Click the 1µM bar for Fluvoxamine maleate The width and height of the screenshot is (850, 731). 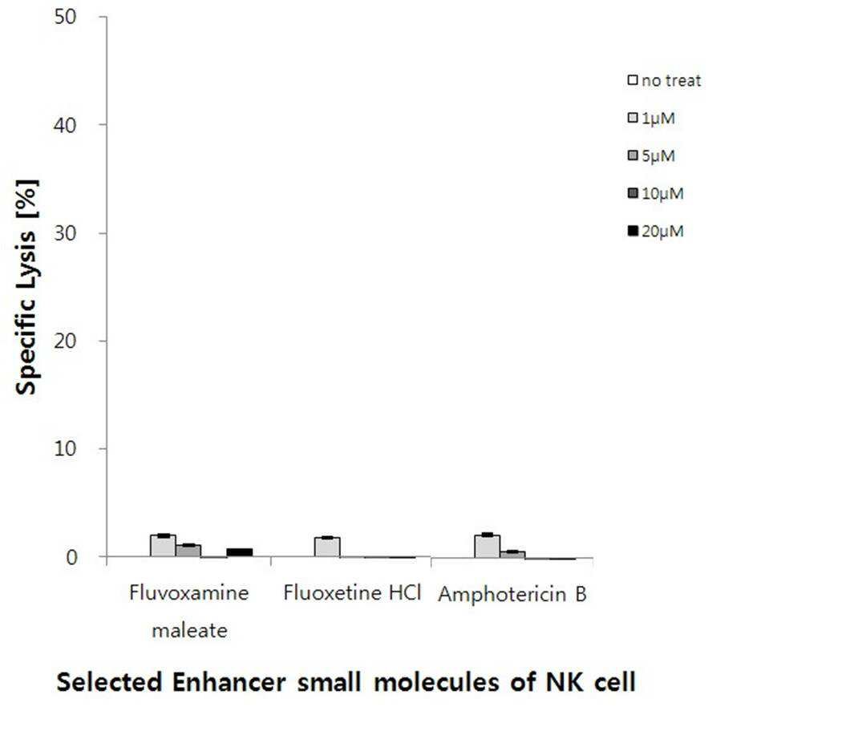click(163, 546)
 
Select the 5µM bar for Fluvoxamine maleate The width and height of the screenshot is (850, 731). click(188, 551)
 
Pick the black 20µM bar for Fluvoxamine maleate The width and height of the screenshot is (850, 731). click(240, 553)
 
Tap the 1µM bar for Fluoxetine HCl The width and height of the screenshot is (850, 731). click(327, 547)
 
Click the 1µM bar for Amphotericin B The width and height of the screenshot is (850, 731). click(488, 546)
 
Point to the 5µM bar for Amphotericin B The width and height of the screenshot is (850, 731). click(513, 555)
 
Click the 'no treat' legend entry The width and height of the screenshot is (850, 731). click(664, 80)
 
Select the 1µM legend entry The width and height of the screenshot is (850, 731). click(651, 118)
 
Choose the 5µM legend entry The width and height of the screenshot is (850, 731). click(651, 156)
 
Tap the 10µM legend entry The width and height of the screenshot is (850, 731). click(655, 193)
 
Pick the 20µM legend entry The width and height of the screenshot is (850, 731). click(655, 232)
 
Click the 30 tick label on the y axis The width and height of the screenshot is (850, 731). click(65, 233)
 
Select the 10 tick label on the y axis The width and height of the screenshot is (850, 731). click(65, 449)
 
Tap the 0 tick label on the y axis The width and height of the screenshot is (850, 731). click(71, 557)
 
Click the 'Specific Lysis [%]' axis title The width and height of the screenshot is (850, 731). click(26, 287)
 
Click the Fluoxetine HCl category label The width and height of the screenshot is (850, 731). click(352, 593)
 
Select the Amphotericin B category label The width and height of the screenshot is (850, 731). click(512, 595)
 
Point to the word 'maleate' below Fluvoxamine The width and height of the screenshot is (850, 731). click(190, 631)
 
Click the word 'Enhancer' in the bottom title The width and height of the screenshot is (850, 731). click(229, 681)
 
